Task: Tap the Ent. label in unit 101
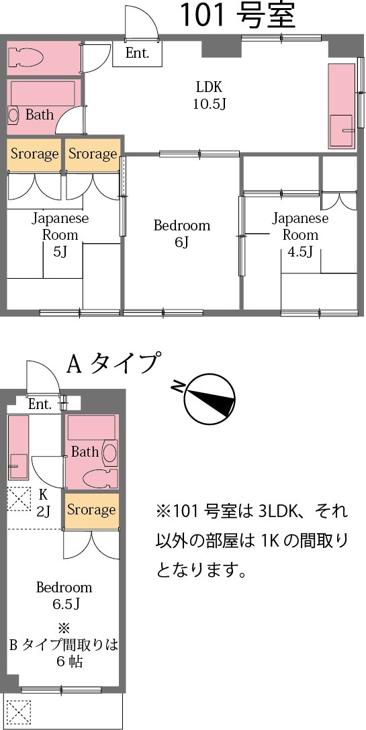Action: [x=137, y=53]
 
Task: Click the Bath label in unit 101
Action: [x=40, y=115]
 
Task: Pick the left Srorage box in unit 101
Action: [x=34, y=154]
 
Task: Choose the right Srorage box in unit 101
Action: [x=92, y=154]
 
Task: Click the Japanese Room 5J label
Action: [x=60, y=235]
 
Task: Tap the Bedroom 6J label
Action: [x=181, y=233]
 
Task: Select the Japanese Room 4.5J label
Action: [x=300, y=235]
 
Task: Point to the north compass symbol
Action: [x=209, y=400]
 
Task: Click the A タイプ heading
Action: [x=113, y=363]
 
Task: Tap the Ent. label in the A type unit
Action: [x=40, y=404]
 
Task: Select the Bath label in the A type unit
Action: [x=85, y=451]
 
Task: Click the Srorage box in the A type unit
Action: [x=91, y=510]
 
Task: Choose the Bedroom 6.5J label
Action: [x=64, y=595]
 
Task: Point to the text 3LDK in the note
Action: [x=276, y=512]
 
